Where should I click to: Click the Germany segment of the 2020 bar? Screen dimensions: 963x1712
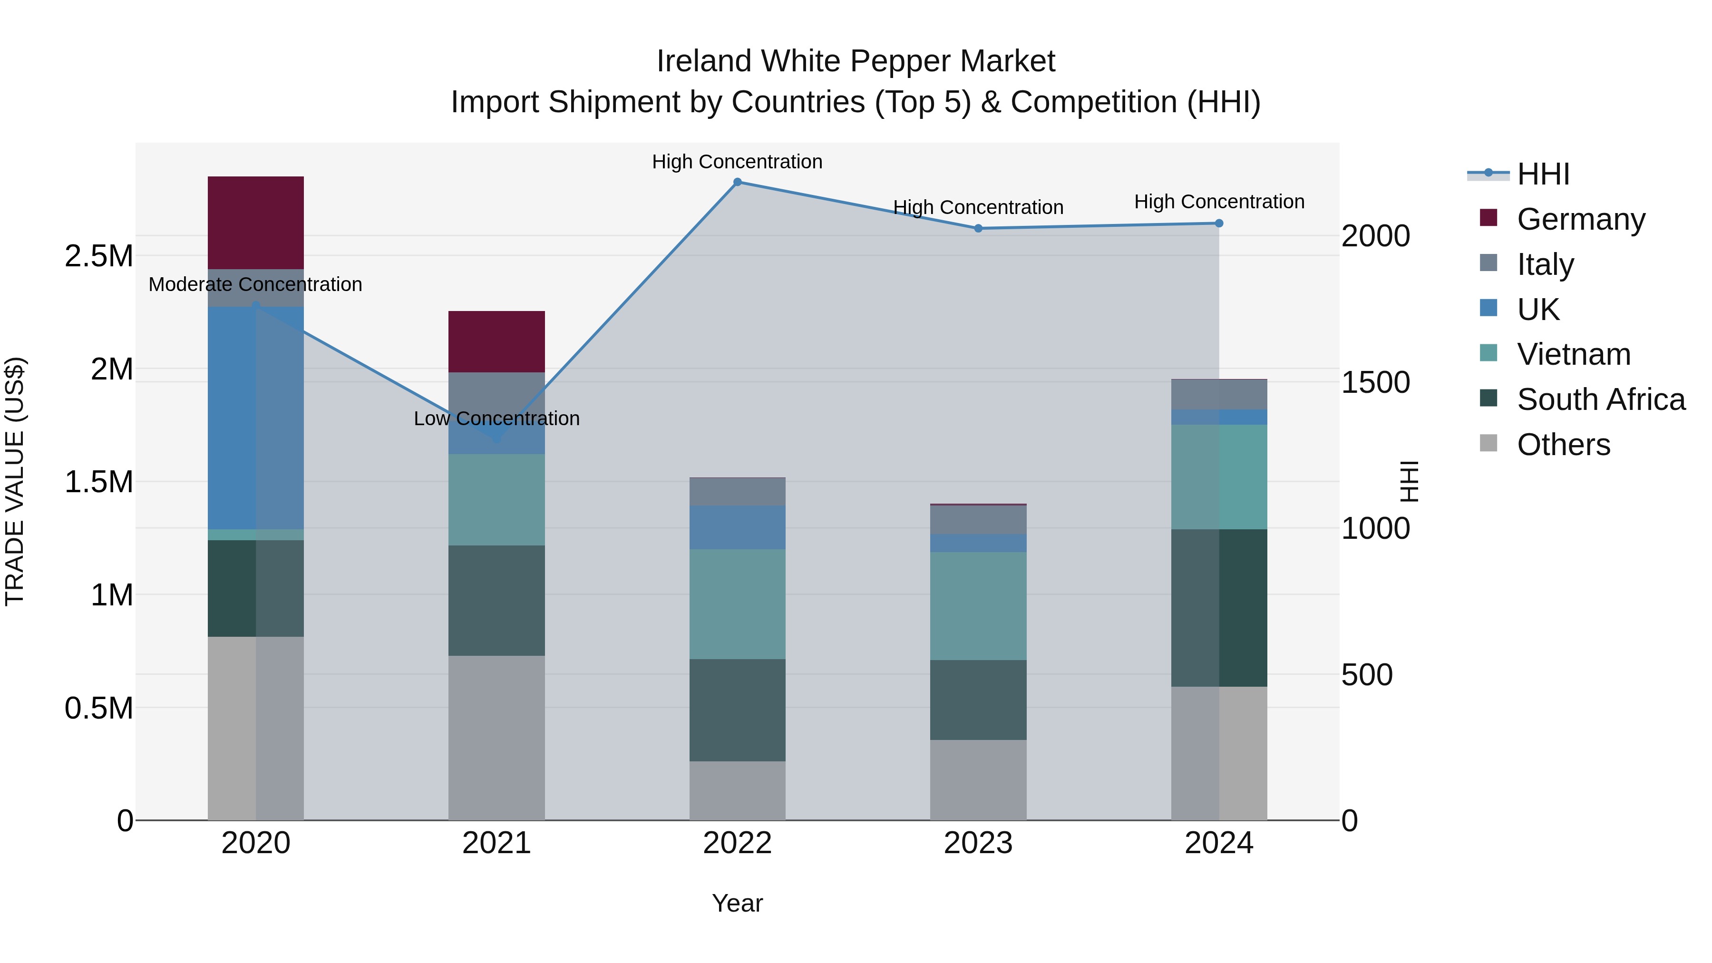255,223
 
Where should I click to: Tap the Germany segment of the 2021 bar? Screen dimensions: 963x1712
496,341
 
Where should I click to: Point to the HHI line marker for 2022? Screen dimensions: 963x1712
737,182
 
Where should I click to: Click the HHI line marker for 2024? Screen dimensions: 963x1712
1219,224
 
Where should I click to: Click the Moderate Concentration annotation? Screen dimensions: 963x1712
255,284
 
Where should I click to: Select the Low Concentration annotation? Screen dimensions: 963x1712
496,418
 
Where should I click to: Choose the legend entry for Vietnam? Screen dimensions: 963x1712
1573,354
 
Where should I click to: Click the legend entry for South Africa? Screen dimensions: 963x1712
1600,399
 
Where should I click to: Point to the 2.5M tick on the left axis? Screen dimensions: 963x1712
98,256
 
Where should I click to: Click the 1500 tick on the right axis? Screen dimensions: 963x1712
1375,382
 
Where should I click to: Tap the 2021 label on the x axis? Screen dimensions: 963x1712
496,843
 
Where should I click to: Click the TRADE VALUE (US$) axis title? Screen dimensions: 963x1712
15,481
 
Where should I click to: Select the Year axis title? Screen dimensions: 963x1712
737,903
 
